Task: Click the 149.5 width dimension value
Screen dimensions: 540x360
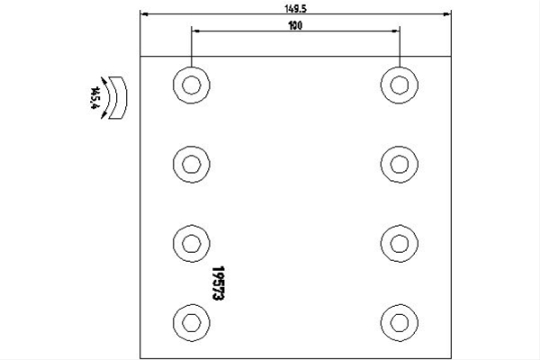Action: click(x=295, y=9)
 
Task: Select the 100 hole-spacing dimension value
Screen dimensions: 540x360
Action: click(x=295, y=25)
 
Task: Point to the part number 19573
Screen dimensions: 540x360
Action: click(x=219, y=283)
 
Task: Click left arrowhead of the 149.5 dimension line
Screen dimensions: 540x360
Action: click(x=144, y=14)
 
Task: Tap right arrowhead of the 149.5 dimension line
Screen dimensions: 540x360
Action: click(x=447, y=14)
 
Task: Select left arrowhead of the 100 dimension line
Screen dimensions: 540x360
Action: click(x=195, y=31)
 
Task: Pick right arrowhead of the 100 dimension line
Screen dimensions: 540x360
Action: click(x=396, y=31)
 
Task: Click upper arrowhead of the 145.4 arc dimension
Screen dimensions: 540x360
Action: click(x=103, y=81)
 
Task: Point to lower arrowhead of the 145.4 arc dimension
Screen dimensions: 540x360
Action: click(x=103, y=114)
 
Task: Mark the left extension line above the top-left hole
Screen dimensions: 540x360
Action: click(x=192, y=46)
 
